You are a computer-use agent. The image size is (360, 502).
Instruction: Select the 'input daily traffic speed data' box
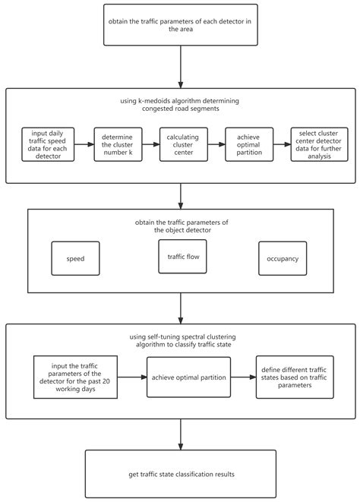click(x=47, y=144)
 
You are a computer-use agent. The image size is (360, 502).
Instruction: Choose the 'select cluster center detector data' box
click(x=314, y=144)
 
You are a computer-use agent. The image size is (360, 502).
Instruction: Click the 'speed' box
click(x=74, y=259)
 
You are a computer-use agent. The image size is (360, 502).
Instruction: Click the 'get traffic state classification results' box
click(x=180, y=474)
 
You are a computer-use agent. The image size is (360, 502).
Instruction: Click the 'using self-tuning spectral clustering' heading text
click(x=180, y=340)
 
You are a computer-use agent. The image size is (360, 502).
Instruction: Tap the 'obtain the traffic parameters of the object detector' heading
click(x=180, y=226)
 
